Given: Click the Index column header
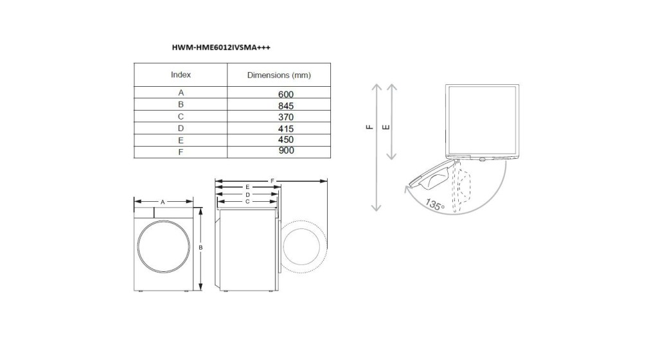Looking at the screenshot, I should (x=181, y=75).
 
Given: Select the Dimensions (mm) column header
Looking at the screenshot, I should (x=279, y=75).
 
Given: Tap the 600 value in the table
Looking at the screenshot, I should (x=286, y=94).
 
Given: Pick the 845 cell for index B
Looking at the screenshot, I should (x=286, y=105).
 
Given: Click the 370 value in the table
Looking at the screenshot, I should (x=286, y=117).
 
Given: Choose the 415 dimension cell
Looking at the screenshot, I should (x=286, y=129).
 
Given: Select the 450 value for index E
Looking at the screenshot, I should (x=286, y=139).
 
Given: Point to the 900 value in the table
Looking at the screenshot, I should (x=286, y=151).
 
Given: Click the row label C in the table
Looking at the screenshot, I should (x=181, y=117).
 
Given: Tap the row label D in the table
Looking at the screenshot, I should (x=181, y=129).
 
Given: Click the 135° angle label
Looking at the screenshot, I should (x=434, y=206).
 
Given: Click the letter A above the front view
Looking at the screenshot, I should (x=163, y=202).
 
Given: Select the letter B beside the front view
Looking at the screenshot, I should (x=201, y=248).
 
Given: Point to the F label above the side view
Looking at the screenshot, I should (x=272, y=181).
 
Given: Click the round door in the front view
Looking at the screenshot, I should (x=164, y=248).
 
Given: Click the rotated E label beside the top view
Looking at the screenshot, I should (x=385, y=127).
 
